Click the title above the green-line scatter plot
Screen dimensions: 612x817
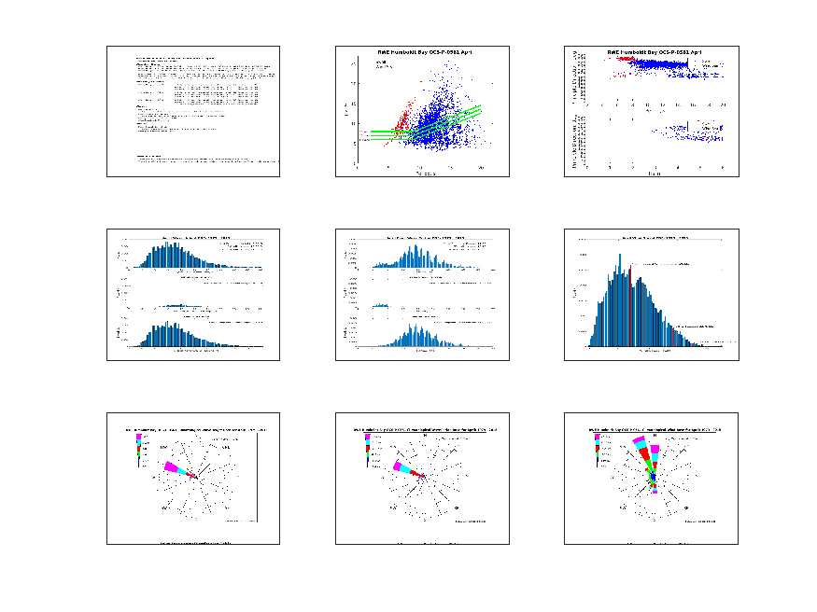click(x=422, y=52)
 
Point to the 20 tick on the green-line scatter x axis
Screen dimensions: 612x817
click(x=480, y=168)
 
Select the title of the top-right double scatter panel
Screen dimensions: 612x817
click(x=655, y=52)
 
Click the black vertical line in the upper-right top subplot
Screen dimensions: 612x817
click(x=688, y=67)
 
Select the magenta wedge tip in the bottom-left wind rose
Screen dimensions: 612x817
click(x=168, y=466)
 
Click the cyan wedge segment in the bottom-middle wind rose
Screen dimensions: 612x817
click(x=404, y=468)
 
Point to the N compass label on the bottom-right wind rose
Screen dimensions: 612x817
click(x=654, y=436)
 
